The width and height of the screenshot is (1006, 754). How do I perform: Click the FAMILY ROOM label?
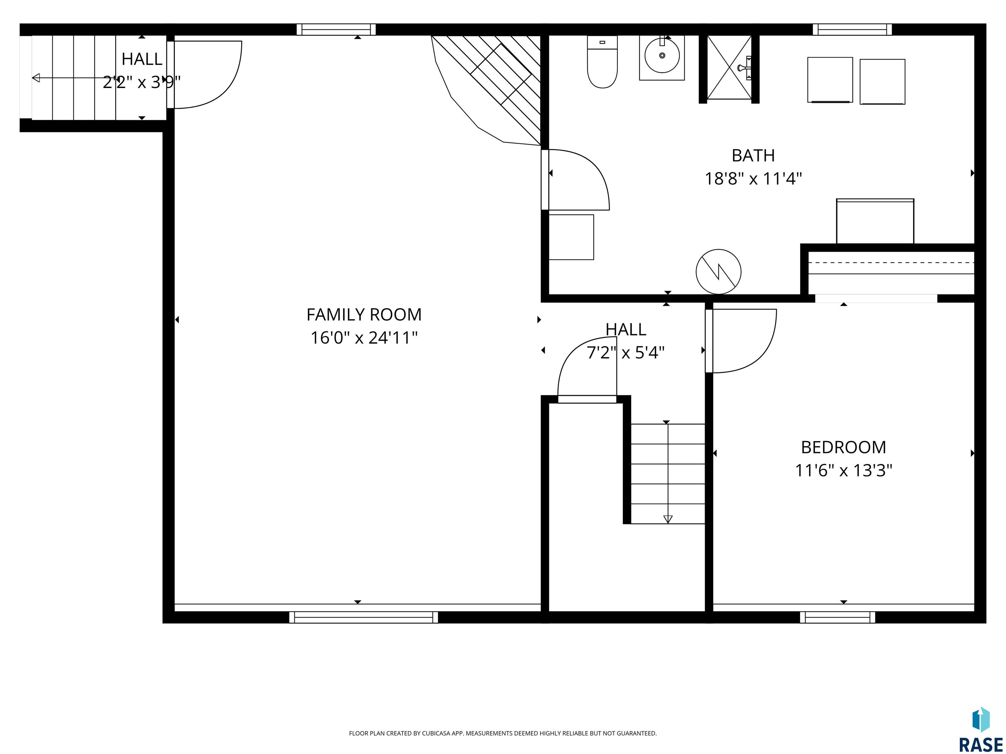(x=364, y=314)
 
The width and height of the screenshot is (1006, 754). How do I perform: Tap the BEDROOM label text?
(x=843, y=447)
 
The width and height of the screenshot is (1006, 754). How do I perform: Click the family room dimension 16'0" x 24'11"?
(x=364, y=338)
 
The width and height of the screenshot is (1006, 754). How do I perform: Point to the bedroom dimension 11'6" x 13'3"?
(x=843, y=470)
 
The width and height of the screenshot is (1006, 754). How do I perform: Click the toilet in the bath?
(x=602, y=62)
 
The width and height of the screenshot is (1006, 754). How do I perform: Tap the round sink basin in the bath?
(x=662, y=55)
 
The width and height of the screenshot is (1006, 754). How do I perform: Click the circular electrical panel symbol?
(x=718, y=271)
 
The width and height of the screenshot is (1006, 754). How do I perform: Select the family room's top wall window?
(x=336, y=29)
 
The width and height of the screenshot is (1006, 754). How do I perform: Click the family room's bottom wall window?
(x=363, y=617)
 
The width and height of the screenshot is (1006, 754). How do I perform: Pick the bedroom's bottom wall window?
(x=837, y=617)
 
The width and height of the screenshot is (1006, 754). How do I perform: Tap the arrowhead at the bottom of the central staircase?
(x=668, y=519)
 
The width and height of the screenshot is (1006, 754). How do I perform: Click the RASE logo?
(x=980, y=729)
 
